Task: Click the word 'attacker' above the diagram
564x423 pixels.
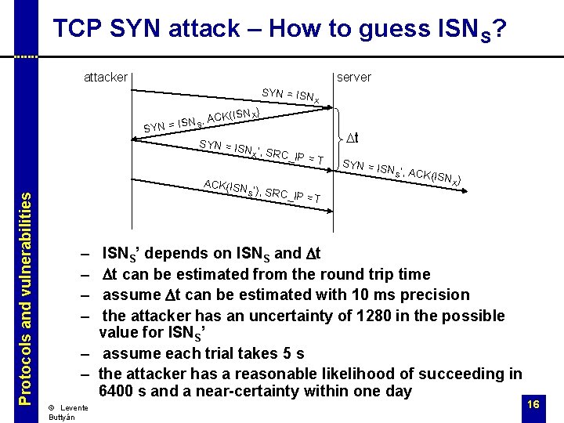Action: pyautogui.click(x=106, y=77)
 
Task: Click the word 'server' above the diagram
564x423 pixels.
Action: pyautogui.click(x=353, y=77)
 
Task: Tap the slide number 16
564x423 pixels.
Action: pyautogui.click(x=533, y=403)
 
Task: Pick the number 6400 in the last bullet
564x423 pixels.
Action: pyautogui.click(x=120, y=391)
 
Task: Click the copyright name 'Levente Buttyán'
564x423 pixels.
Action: pyautogui.click(x=67, y=413)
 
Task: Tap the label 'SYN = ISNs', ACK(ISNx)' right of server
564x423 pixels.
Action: pyautogui.click(x=401, y=173)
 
